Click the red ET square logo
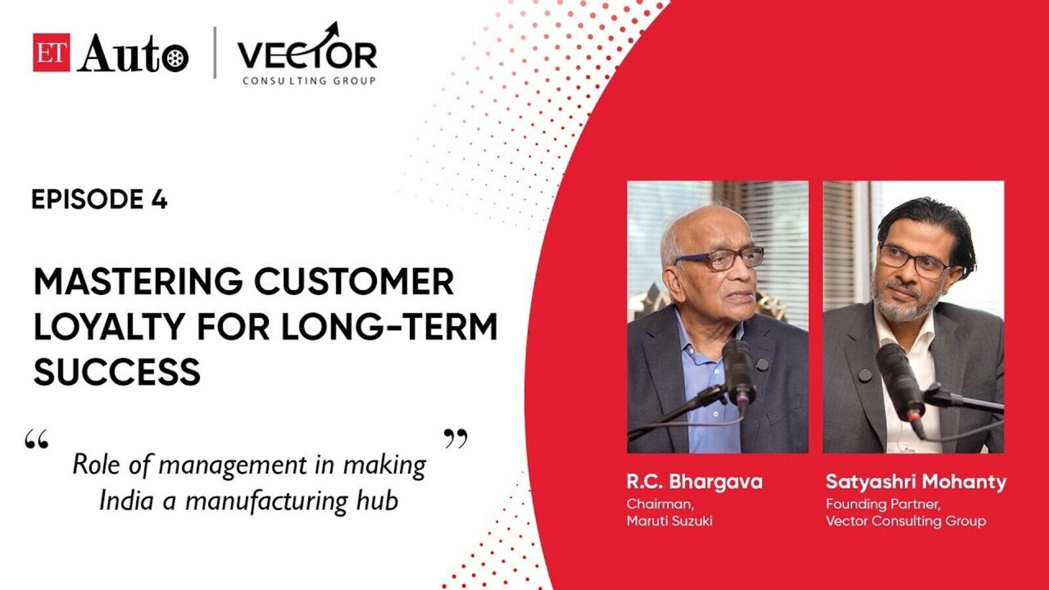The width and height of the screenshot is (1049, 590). point(52,52)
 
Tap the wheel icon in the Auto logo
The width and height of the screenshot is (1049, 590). point(175,58)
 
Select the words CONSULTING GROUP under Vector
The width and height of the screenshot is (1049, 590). point(309,81)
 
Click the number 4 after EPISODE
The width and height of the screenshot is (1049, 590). point(159,199)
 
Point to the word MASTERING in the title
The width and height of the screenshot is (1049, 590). point(138,282)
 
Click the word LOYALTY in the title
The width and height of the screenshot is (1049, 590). point(109,326)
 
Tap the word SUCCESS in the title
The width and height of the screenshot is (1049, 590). point(117,371)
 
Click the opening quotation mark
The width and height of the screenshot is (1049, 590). point(37,440)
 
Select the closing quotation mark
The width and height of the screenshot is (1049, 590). point(455,439)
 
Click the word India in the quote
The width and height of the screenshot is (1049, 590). point(127,501)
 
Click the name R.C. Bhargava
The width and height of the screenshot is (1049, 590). point(694,482)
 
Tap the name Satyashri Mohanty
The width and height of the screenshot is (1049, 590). point(915,482)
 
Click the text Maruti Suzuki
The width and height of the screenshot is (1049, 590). point(669,521)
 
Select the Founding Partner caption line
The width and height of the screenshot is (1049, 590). point(883,504)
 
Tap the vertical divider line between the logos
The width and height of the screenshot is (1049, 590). point(214,52)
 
